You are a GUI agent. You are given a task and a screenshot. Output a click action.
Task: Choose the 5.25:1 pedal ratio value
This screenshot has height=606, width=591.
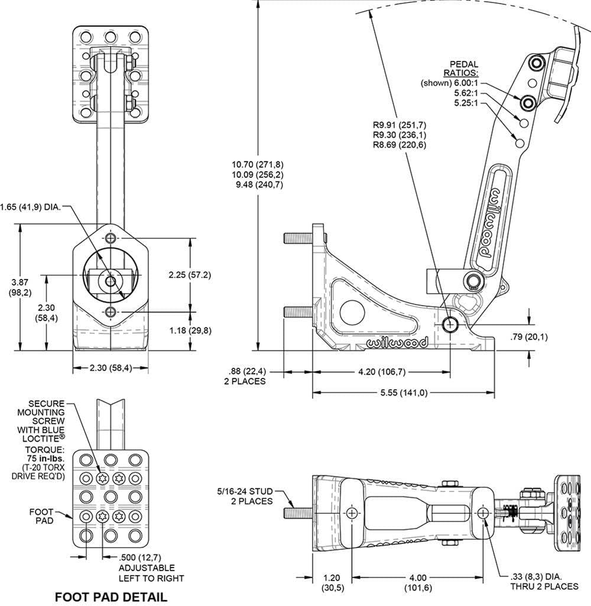(x=466, y=103)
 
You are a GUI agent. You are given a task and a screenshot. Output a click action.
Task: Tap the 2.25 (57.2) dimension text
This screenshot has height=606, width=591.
(x=190, y=275)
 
